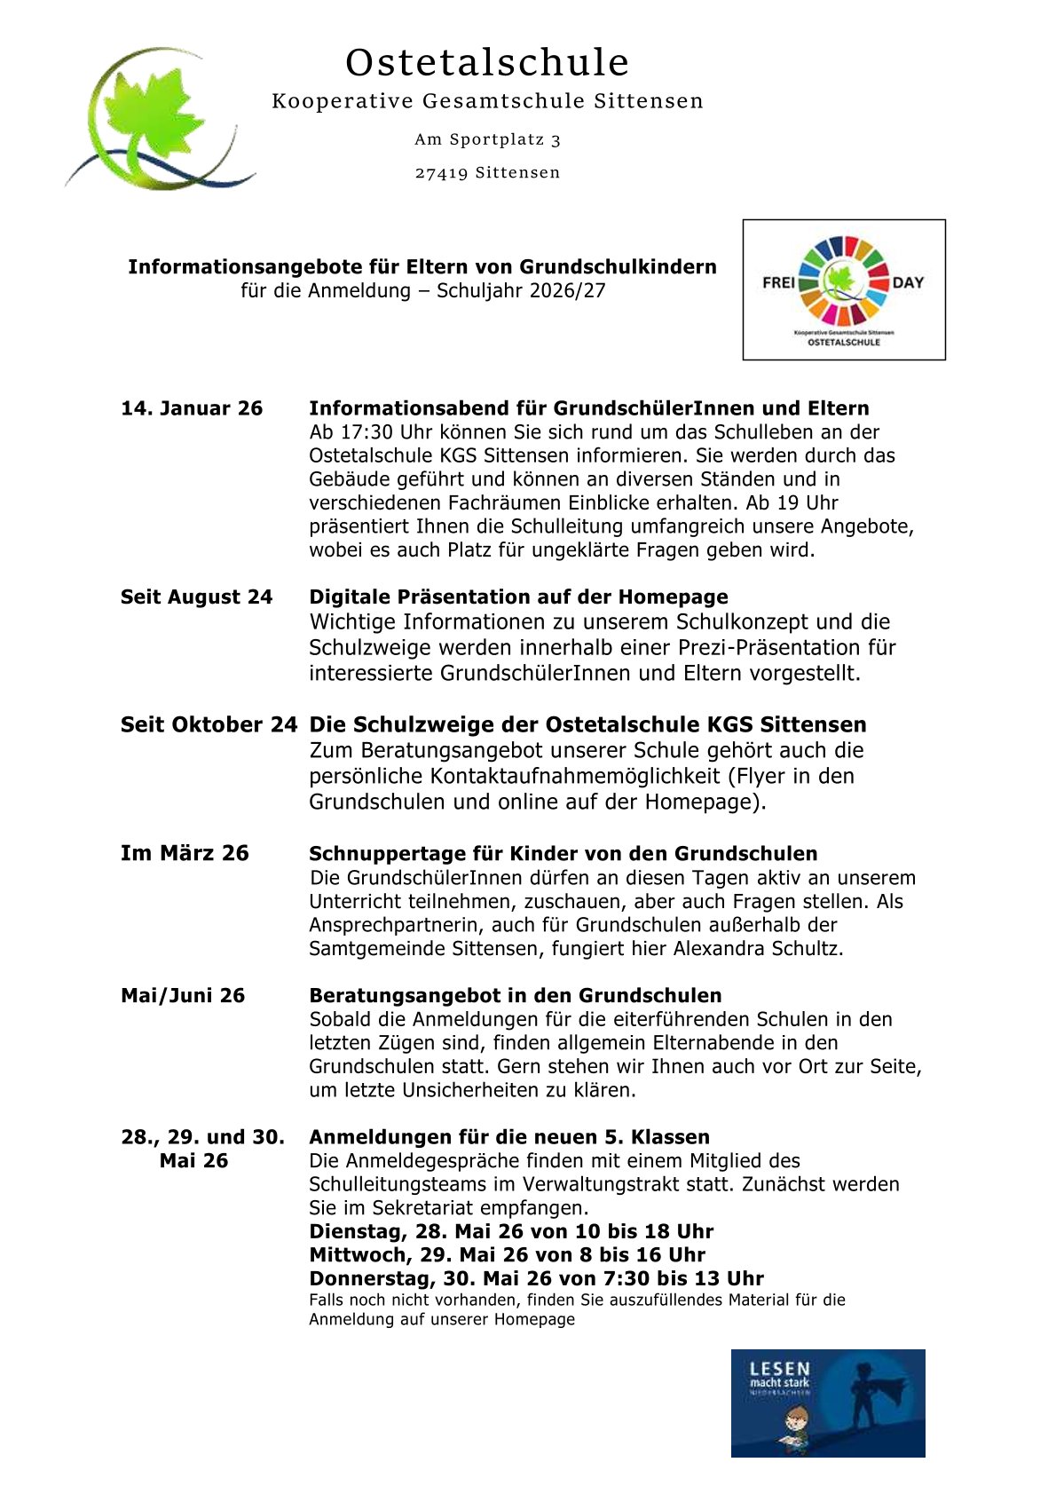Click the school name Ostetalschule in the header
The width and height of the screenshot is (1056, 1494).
487,63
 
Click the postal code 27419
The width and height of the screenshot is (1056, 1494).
441,173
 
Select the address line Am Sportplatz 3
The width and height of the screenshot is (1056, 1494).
487,139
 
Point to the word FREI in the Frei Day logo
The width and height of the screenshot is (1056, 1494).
778,282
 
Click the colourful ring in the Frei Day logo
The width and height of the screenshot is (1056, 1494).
843,281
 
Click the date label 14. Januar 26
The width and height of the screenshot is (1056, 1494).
192,408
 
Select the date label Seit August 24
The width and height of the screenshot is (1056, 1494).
196,597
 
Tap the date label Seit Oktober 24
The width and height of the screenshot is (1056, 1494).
209,724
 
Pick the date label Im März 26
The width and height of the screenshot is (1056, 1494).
185,853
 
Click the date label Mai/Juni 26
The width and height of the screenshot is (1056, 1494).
183,995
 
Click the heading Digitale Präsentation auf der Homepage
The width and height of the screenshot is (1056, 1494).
518,597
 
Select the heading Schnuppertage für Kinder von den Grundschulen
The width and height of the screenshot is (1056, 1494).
563,853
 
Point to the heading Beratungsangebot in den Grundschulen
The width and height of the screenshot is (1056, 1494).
515,995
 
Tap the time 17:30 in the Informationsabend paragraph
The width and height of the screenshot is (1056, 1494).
367,432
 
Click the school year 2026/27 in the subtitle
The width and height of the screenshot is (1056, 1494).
567,290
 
